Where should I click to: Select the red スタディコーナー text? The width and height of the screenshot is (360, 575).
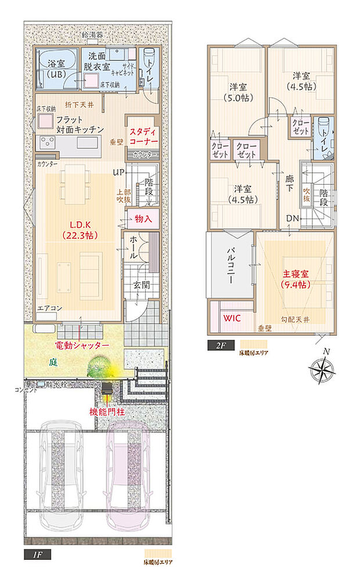coord(142,136)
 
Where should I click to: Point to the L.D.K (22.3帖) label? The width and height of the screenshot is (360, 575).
coord(80,229)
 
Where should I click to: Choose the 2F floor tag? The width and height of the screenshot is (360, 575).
coord(221,345)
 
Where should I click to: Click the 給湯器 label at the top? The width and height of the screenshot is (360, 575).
coord(92,35)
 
